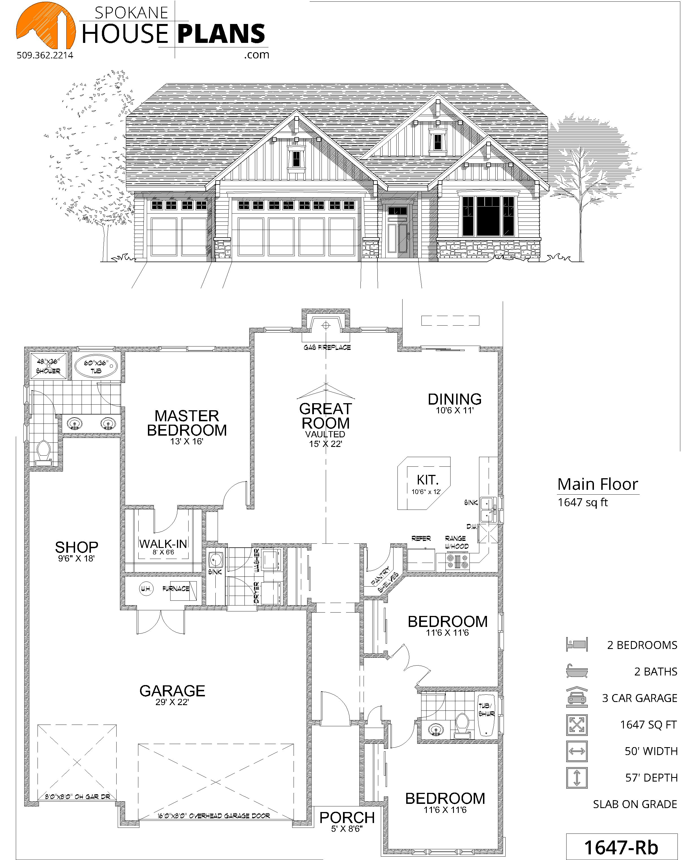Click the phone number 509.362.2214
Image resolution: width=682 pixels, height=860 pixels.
point(45,56)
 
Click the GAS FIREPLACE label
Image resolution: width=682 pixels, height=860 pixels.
point(327,347)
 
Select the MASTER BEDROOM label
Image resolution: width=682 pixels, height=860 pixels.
point(187,423)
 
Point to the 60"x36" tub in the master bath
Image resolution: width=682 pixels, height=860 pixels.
point(96,365)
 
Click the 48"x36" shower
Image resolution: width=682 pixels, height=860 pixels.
point(48,366)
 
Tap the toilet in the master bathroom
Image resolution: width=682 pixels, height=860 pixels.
point(43,453)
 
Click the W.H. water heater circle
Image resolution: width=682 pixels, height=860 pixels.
point(146,589)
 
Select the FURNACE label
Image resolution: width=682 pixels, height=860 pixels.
point(176,589)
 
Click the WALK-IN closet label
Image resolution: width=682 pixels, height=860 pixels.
point(163,544)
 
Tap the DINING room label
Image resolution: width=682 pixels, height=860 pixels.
point(454,399)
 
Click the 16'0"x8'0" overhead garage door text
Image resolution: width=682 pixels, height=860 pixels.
point(213,816)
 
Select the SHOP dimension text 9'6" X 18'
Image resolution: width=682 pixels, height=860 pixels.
point(76,558)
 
